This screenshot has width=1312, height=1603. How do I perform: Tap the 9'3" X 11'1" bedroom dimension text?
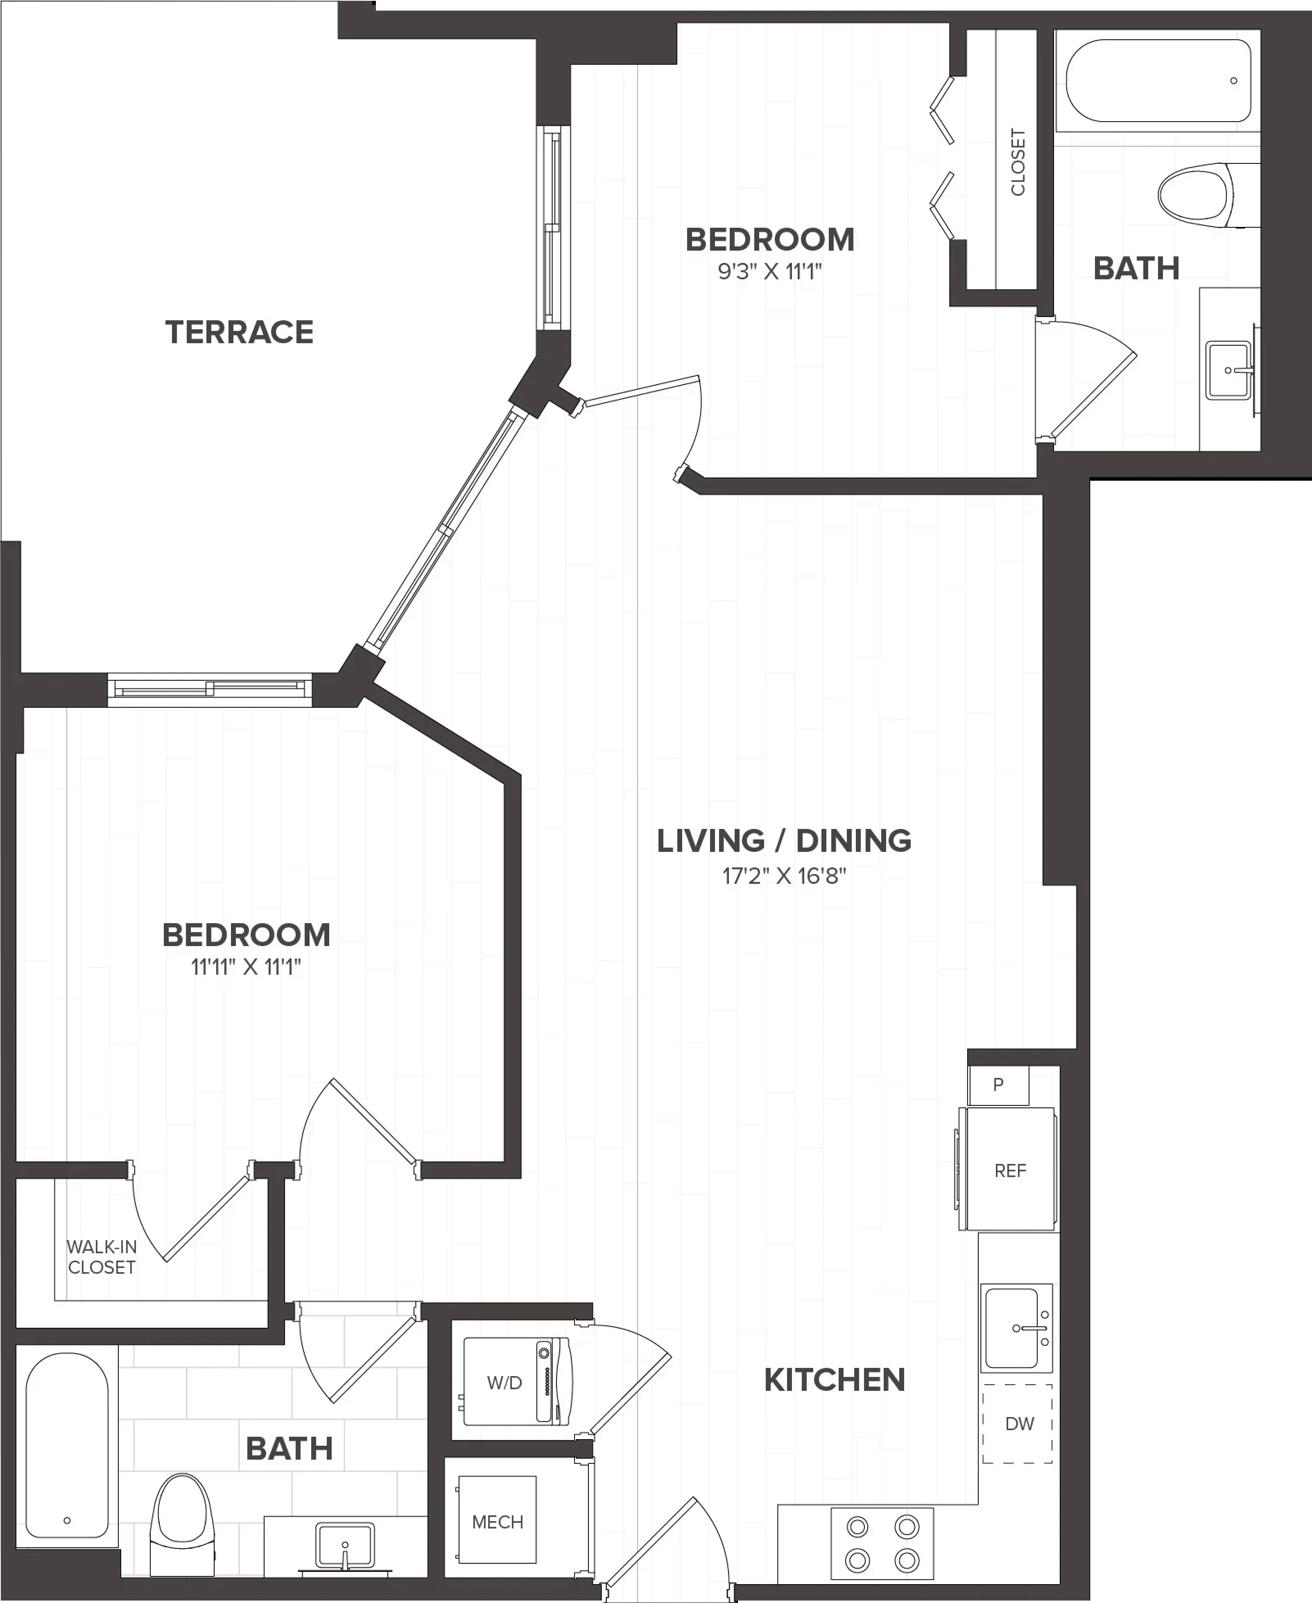(769, 271)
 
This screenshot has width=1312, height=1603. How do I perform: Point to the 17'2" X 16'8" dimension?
(784, 876)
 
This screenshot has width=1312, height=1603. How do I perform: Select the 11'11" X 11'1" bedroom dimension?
(246, 967)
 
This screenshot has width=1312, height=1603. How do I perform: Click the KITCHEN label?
(835, 1380)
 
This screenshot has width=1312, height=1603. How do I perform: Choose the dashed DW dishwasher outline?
(1017, 1423)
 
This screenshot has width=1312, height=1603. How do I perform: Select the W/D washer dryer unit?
(517, 1381)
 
